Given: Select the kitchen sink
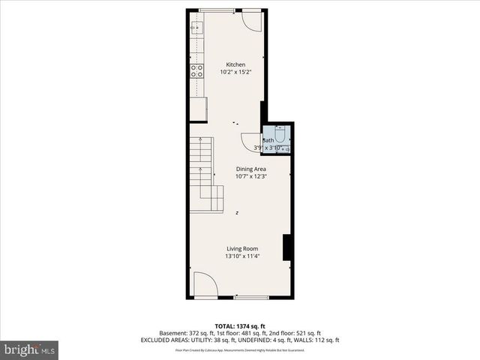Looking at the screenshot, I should click(197, 28).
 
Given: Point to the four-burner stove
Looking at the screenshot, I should click(198, 71).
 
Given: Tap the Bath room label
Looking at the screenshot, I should click(268, 140).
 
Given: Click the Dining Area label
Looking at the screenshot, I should click(251, 169).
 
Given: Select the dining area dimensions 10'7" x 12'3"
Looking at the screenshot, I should click(251, 177).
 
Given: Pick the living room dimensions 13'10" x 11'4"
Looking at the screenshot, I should click(243, 256).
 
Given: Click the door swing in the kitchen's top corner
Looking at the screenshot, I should click(253, 21).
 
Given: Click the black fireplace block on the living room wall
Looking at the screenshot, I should click(286, 247).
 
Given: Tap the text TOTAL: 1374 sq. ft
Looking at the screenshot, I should click(239, 325).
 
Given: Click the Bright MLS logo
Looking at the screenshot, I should click(30, 349).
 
